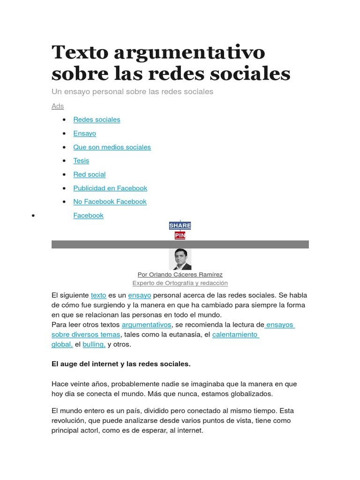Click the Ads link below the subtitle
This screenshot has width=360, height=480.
[58, 106]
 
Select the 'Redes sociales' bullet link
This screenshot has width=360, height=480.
[97, 120]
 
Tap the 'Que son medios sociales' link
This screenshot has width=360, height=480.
[112, 147]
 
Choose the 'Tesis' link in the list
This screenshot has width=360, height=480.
[81, 161]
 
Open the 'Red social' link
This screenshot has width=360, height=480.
[89, 174]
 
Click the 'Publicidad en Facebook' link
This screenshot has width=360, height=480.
[110, 188]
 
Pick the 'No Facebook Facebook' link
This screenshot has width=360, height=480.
[110, 202]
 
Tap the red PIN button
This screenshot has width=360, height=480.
[180, 235]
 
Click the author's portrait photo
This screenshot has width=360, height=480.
[180, 259]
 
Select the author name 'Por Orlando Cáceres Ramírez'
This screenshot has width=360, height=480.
[180, 275]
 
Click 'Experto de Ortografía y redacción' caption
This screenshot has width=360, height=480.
[180, 283]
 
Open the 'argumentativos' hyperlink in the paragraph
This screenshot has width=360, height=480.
[147, 325]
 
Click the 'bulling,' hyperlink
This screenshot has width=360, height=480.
[94, 345]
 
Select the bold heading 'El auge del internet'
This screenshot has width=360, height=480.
[121, 364]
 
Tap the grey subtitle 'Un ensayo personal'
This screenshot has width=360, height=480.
[132, 91]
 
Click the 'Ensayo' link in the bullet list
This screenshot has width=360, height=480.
[84, 134]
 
